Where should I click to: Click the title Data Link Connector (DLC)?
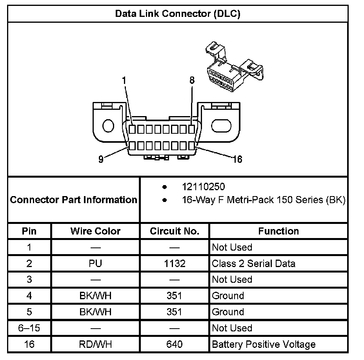pos(177,14)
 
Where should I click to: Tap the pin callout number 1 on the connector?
pos(124,81)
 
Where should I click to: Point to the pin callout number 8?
pos(192,80)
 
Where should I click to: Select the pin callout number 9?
pos(101,160)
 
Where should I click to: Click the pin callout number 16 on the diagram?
pos(237,159)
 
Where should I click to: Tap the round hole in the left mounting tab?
pos(108,126)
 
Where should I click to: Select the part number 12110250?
pos(203,187)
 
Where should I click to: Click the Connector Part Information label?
pos(74,200)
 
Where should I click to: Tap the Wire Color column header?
pos(95,231)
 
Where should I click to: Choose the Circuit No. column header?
pos(175,231)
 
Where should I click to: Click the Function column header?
pos(278,231)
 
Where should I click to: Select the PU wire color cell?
pos(95,264)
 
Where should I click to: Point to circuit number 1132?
pos(175,264)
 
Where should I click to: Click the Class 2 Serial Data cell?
pos(253,264)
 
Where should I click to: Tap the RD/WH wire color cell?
pos(95,344)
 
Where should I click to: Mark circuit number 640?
pos(175,344)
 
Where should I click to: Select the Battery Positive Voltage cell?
pos(264,344)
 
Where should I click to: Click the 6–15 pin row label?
pos(29,328)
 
